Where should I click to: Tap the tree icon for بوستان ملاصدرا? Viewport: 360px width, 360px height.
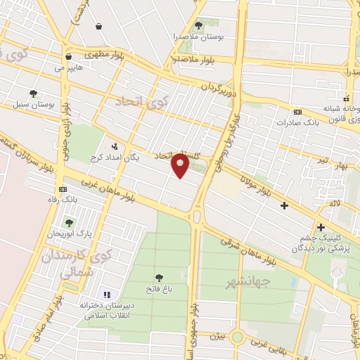(x=199, y=25)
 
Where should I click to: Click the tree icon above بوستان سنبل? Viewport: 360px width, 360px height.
(x=33, y=94)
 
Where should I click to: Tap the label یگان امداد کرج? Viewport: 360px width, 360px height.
(x=116, y=157)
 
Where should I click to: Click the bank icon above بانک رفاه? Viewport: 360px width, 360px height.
(x=64, y=189)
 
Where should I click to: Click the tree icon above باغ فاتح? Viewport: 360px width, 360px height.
(x=159, y=276)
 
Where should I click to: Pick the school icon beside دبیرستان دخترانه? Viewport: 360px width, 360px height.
(x=107, y=295)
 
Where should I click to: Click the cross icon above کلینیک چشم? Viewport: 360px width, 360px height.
(x=321, y=227)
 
